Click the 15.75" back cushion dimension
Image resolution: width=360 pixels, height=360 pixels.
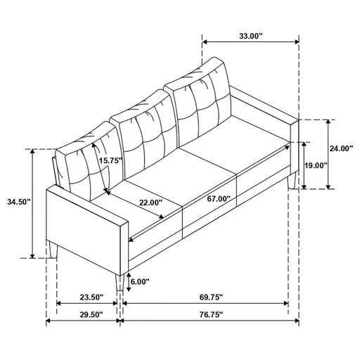click(x=110, y=160)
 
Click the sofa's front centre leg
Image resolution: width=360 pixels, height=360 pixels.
click(x=122, y=281)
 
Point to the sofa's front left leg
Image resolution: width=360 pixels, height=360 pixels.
click(x=53, y=250)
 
